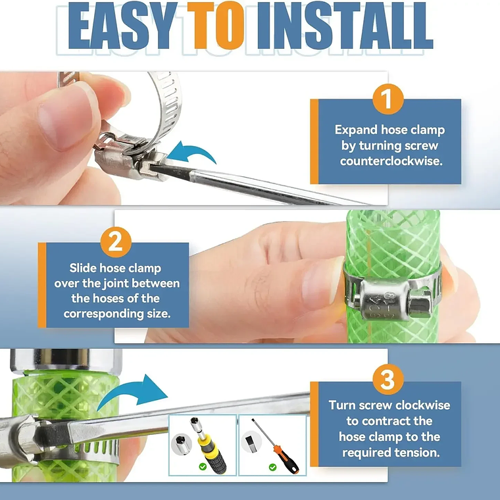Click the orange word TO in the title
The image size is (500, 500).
click(x=216, y=26)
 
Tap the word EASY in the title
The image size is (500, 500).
click(x=123, y=26)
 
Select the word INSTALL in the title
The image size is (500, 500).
click(x=345, y=26)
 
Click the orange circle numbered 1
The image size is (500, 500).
click(x=387, y=99)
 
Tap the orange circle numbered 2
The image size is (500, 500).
click(x=116, y=242)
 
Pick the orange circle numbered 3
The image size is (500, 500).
click(x=387, y=380)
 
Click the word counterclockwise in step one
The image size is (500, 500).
click(x=391, y=161)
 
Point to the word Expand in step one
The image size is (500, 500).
click(x=356, y=130)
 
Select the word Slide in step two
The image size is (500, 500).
click(x=83, y=268)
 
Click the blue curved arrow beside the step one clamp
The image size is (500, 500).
click(x=191, y=151)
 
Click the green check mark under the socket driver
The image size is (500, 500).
click(x=203, y=467)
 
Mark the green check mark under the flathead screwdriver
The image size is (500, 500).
click(x=272, y=467)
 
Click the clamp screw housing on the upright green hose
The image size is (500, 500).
click(x=384, y=300)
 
